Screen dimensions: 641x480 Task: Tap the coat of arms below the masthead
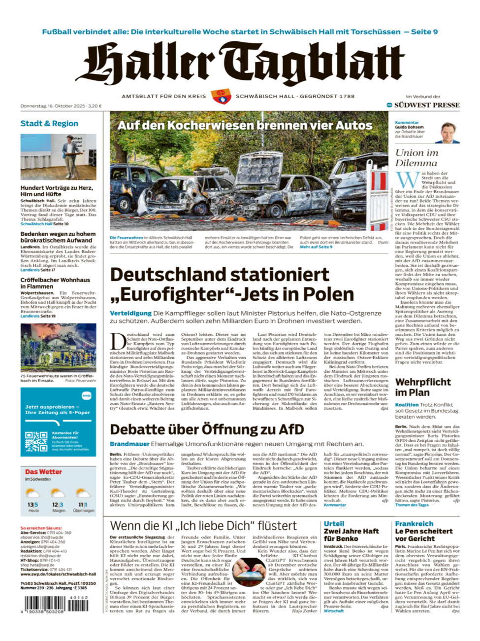221,96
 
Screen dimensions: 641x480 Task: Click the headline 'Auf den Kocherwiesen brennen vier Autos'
245,125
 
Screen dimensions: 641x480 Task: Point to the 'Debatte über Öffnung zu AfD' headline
207,429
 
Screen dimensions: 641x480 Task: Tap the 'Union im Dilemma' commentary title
416,158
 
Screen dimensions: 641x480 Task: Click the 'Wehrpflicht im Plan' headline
422,387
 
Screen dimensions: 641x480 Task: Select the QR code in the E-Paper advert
36,441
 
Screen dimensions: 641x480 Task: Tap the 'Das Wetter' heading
44,472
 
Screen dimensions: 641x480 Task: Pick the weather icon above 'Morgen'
58,494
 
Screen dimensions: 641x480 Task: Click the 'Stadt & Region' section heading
49,123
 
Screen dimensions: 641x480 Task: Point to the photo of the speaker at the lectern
58,157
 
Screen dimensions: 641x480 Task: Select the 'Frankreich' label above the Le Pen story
414,524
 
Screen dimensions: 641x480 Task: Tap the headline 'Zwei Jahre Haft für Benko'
352,534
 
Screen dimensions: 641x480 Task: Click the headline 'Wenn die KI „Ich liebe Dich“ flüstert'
203,526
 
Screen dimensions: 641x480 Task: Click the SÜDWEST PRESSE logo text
427,105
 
